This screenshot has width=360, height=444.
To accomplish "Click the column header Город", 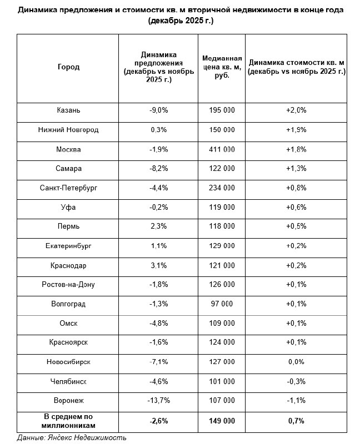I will (x=68, y=67).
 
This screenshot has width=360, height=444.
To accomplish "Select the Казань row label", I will (x=68, y=110).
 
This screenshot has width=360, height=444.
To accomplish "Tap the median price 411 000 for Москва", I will (x=221, y=150).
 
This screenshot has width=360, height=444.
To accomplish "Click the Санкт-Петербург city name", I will (x=68, y=189).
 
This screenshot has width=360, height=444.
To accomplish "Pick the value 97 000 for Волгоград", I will (x=221, y=304).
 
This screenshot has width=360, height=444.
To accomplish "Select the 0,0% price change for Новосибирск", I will (x=296, y=362).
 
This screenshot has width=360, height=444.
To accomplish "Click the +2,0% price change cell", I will (x=296, y=110).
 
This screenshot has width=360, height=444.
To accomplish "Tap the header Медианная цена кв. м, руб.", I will (x=221, y=67).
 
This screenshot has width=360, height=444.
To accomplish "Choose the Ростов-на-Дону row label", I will (x=68, y=285).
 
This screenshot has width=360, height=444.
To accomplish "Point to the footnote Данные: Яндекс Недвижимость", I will (x=72, y=438).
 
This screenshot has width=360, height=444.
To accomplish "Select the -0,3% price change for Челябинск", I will (x=296, y=382).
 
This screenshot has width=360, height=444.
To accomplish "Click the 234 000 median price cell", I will (x=221, y=189).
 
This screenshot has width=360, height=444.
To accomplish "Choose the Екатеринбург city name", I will (x=68, y=246).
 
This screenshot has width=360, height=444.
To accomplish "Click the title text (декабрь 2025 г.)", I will (x=181, y=21).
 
